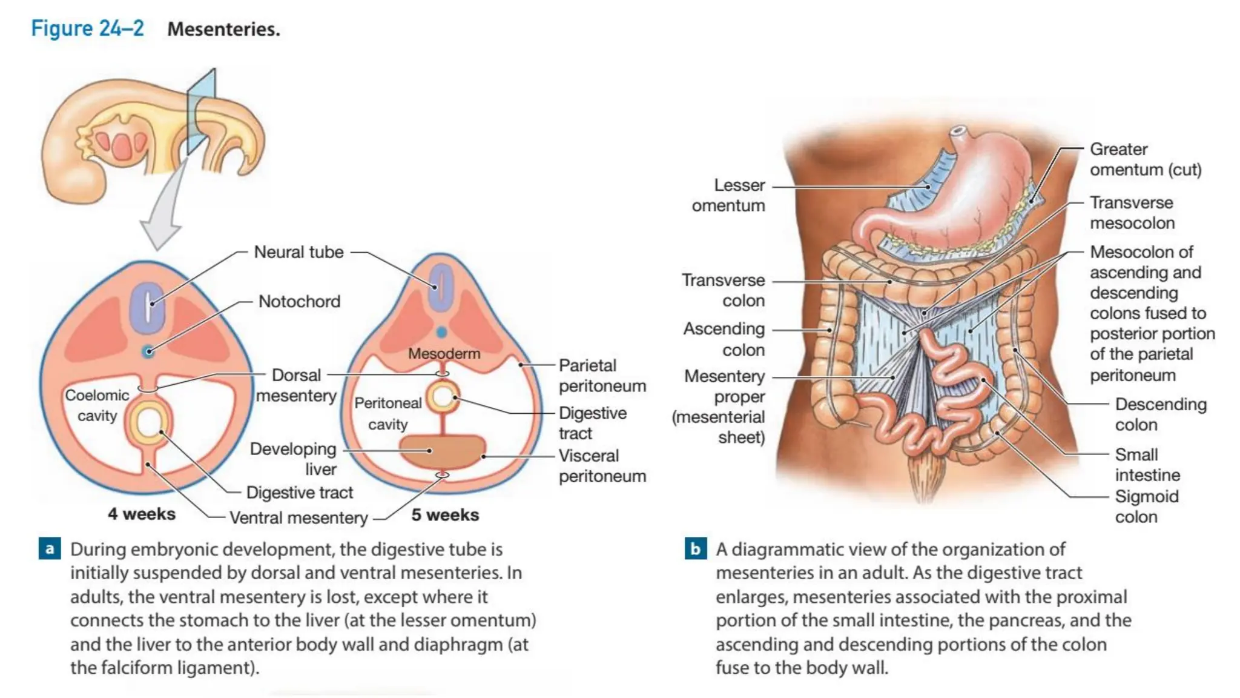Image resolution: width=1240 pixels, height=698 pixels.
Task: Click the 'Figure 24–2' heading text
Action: [x=87, y=28]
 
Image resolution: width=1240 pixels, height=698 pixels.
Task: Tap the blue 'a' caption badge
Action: [x=50, y=548]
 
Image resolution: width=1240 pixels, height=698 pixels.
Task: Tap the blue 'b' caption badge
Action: [x=695, y=548]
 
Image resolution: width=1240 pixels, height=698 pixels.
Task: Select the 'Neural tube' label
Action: [x=298, y=252]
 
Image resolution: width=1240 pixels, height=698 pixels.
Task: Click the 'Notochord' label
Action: [x=299, y=301]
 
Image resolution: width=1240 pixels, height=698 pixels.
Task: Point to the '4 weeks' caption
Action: [x=142, y=514]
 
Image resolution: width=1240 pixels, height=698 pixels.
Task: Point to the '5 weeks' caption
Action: [x=445, y=515]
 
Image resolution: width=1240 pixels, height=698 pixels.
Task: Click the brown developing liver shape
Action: [x=442, y=451]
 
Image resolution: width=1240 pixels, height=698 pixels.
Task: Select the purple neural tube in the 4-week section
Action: [x=147, y=305]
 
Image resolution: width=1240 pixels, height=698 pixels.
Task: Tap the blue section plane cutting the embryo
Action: [x=201, y=112]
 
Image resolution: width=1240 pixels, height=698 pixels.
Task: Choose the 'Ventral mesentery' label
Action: [x=298, y=518]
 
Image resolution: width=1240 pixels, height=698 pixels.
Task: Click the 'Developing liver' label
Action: [x=294, y=459]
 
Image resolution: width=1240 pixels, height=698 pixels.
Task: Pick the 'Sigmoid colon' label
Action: [x=1146, y=507]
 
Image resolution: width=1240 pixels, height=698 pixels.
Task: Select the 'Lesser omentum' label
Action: [x=729, y=195]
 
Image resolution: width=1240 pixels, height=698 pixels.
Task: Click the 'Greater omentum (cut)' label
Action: [x=1145, y=159]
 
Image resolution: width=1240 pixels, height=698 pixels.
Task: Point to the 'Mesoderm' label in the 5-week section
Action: [x=444, y=353]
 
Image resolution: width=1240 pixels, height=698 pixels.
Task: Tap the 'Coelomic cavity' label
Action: [x=97, y=405]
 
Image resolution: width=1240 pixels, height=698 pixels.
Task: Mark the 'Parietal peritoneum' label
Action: [x=602, y=376]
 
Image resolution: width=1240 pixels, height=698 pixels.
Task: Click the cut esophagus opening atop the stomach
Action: [x=957, y=131]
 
